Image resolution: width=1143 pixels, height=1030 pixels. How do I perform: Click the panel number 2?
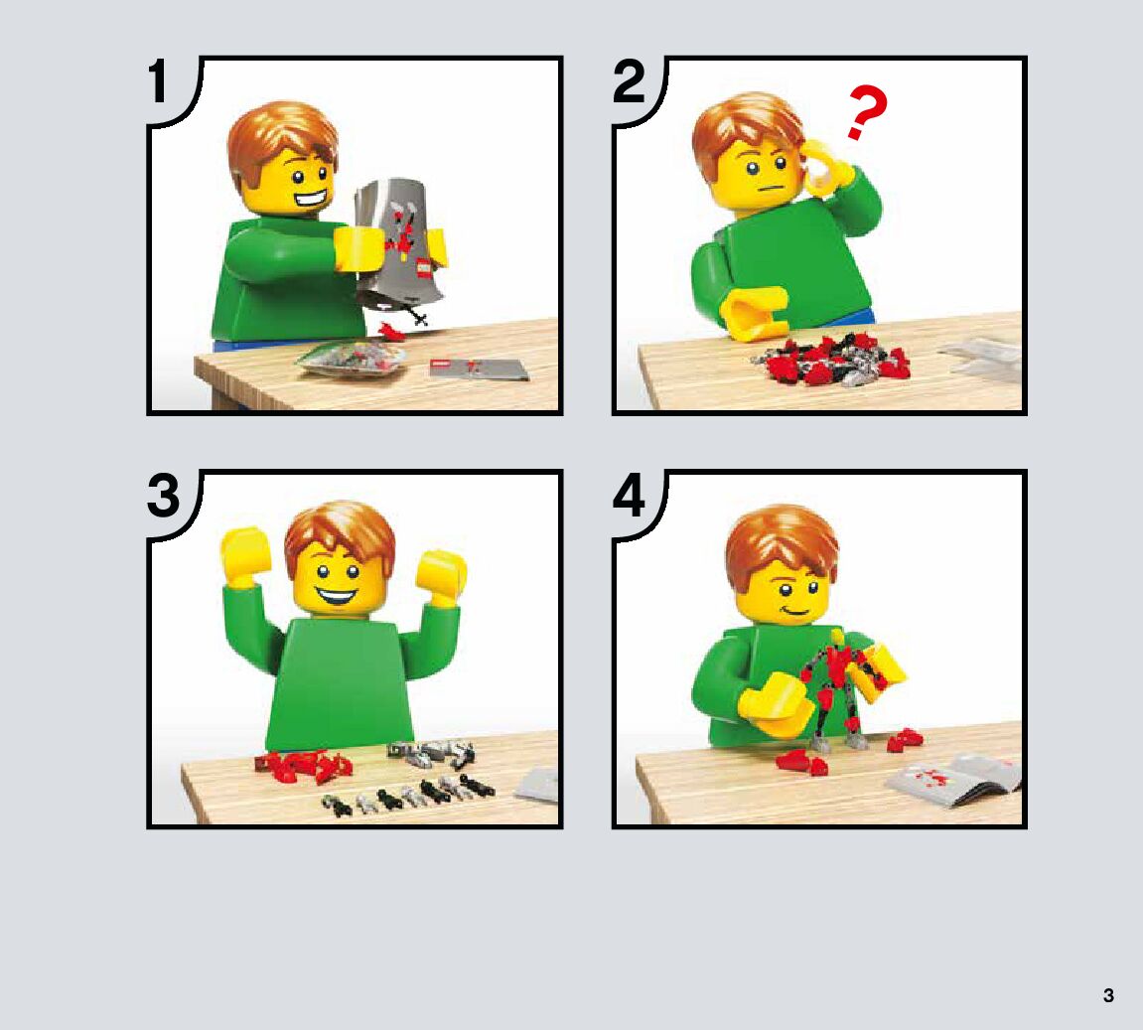coord(629,81)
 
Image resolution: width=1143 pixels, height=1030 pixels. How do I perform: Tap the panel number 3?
coord(163,495)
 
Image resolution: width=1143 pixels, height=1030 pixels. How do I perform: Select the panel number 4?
coord(629,495)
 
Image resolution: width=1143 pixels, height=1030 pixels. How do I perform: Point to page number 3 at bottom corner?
coord(1108,995)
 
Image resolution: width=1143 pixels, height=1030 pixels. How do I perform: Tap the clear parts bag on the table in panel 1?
coord(352,359)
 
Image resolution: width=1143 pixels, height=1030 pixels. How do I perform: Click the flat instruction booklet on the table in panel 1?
coord(479,368)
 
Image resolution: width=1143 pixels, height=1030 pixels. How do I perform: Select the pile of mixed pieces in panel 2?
coord(832,359)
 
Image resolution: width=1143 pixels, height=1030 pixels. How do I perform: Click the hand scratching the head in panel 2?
coord(826,169)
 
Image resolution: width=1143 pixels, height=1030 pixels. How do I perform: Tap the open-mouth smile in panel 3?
coord(336,598)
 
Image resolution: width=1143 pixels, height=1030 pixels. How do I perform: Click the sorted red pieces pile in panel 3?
coord(303,766)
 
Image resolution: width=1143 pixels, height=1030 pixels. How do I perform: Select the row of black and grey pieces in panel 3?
coord(408,793)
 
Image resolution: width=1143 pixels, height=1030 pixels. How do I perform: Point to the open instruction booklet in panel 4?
coord(954,781)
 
